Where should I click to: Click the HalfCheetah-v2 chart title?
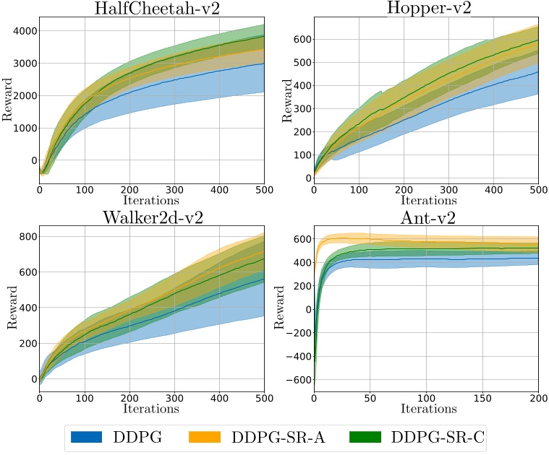pos(151,8)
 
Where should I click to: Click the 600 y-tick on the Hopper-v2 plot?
pos(299,38)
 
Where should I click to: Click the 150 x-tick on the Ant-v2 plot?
pos(482,399)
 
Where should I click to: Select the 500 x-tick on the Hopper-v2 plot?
pos(537,190)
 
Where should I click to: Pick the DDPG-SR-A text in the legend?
pos(278,436)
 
